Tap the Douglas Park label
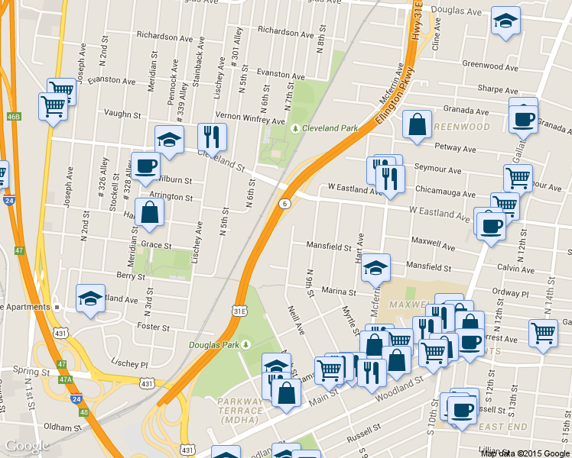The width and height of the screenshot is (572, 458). tap(214, 345)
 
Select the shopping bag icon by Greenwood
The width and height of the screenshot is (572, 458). tap(416, 126)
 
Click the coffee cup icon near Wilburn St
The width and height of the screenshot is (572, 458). tap(145, 166)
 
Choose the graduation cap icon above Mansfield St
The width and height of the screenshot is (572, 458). tap(375, 267)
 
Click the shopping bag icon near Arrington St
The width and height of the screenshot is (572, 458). tap(149, 213)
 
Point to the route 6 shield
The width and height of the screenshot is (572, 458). tap(284, 204)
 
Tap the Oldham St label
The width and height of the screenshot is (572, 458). tap(63, 427)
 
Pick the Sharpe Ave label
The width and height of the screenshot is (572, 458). tap(492, 89)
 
